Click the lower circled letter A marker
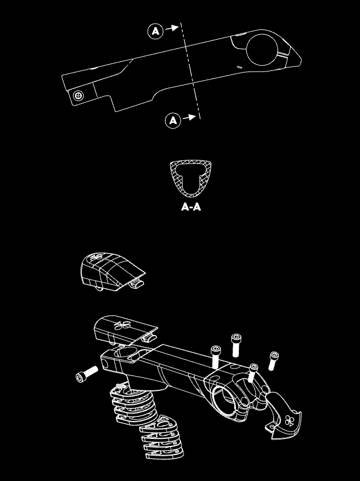(173, 120)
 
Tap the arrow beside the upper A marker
(171, 28)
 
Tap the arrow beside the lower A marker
(189, 117)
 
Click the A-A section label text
(191, 206)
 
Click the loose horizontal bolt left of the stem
(88, 374)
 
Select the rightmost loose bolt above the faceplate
(273, 360)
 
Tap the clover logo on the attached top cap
(122, 325)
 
